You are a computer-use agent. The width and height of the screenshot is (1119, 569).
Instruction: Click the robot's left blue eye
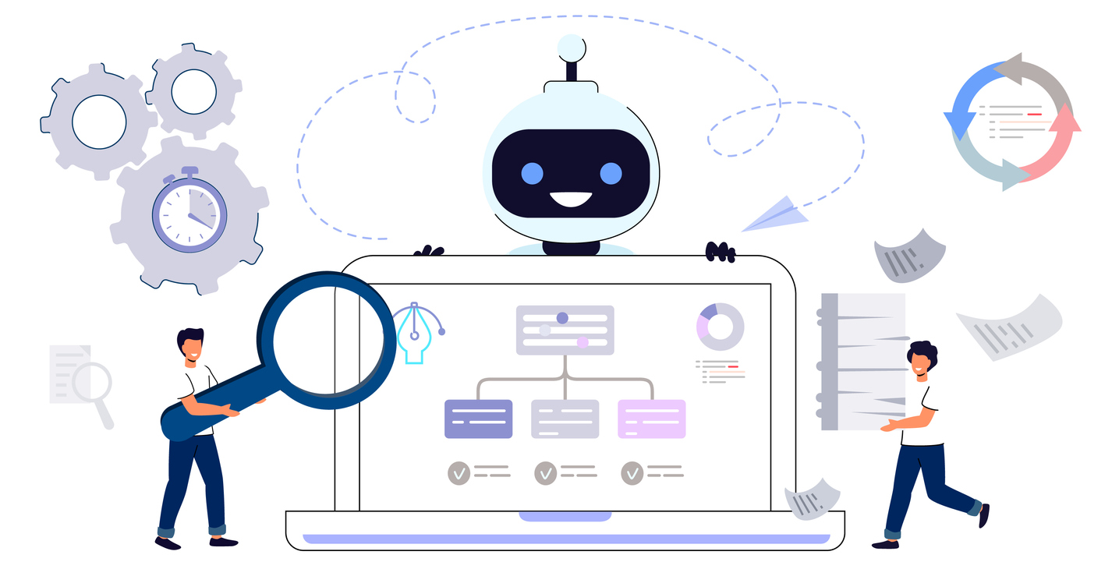532,172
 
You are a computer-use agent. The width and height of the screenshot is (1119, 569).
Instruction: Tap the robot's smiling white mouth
571,200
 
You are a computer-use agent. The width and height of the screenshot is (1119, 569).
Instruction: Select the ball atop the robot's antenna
571,48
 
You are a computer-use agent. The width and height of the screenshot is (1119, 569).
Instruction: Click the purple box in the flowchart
478,419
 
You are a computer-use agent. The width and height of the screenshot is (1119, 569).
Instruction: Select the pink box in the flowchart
651,419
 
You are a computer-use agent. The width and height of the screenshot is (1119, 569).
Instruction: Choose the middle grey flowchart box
565,419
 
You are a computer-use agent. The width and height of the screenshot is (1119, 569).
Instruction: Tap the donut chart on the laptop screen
720,327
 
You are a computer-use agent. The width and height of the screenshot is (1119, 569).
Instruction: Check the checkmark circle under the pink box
632,472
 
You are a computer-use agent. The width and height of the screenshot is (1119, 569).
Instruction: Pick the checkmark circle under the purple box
459,472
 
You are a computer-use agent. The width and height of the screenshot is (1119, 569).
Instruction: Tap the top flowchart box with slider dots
565,330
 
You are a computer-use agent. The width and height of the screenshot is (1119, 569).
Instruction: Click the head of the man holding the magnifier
190,345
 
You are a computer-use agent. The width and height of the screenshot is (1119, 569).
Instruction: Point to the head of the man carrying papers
922,359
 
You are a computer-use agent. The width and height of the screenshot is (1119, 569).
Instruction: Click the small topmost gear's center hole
193,91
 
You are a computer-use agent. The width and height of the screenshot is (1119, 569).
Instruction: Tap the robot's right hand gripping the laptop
720,251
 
